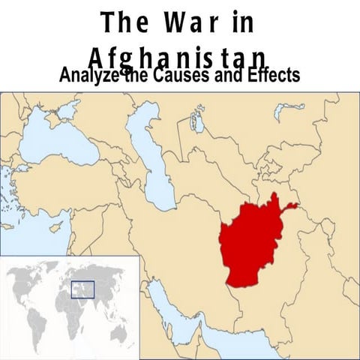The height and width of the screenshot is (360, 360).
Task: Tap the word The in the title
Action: pos(123,22)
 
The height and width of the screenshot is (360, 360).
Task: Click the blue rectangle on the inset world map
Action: pos(82,289)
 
